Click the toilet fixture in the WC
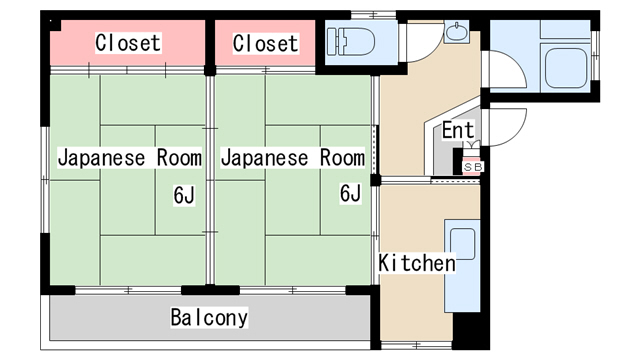351,41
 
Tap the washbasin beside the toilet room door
457,32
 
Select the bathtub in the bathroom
565,67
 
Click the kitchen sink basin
462,244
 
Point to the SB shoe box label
473,167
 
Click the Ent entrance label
458,130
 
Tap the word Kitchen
417,263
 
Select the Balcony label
209,317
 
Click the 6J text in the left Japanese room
184,195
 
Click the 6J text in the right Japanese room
351,193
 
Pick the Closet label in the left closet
128,43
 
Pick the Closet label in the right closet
265,43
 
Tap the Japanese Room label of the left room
130,158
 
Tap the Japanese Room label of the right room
293,158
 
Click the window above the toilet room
373,15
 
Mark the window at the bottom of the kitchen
416,345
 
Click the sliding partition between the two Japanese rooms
209,180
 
